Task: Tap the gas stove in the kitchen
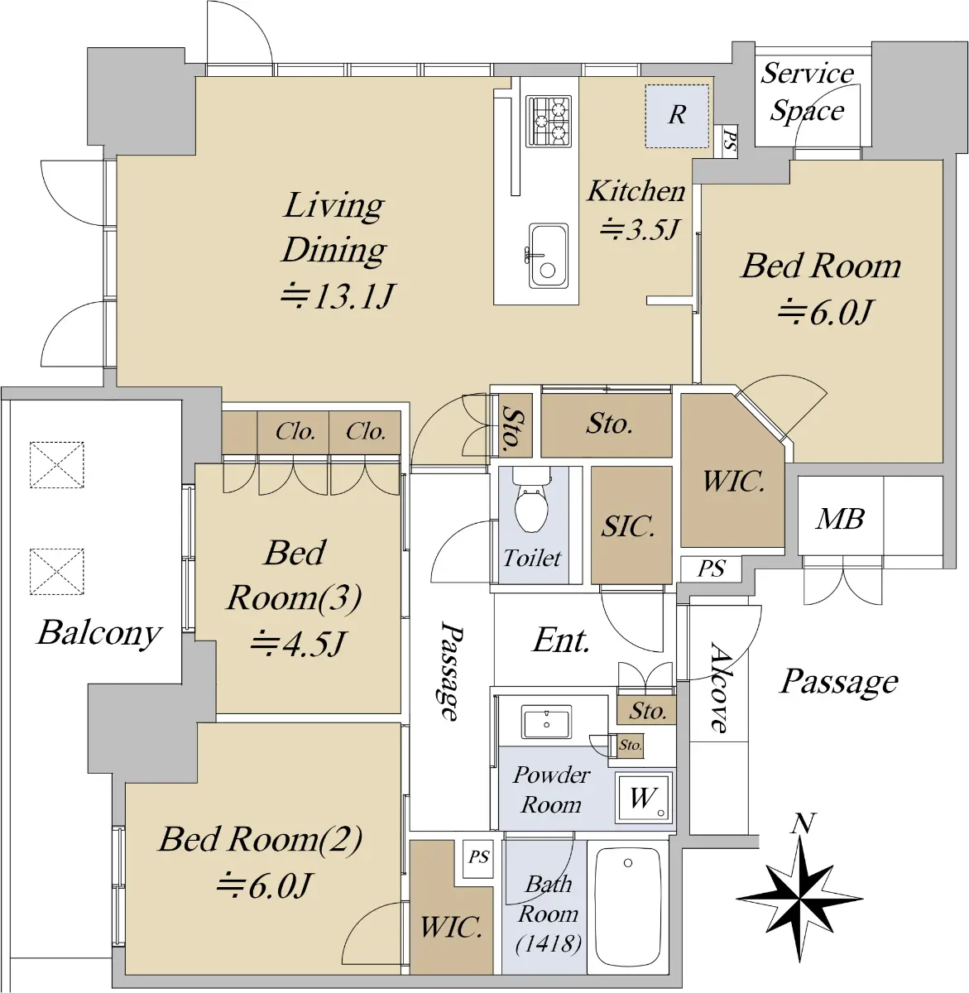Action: pos(549,121)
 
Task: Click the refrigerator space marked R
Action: pos(677,116)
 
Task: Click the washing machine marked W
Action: pos(644,798)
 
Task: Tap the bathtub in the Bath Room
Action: pos(628,907)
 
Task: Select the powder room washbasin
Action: pos(546,722)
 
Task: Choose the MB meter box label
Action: pos(840,519)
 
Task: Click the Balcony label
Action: pos(99,634)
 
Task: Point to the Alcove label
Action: pos(719,688)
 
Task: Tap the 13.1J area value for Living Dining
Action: pos(338,296)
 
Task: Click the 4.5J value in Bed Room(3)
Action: pos(299,644)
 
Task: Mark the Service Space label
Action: pos(808,92)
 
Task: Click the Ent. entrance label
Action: pos(561,641)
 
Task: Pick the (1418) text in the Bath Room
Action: pos(549,944)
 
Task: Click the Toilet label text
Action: pos(532,559)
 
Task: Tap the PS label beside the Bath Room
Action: pos(478,856)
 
